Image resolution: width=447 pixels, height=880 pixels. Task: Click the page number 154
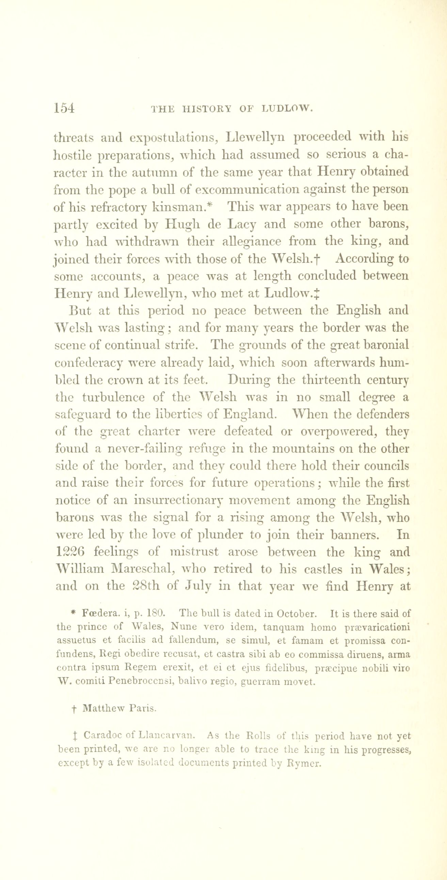click(x=64, y=108)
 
